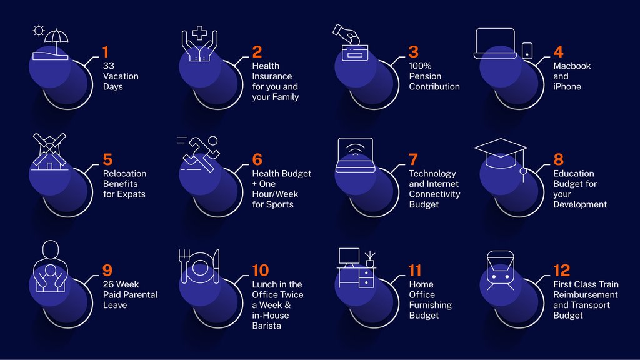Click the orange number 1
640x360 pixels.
pos(106,52)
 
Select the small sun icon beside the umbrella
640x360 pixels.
pos(39,30)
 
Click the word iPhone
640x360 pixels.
pos(567,87)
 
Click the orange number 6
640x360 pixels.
pos(257,160)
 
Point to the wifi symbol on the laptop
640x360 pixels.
pos(354,151)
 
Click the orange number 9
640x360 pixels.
pos(108,270)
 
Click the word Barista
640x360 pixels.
pos(267,326)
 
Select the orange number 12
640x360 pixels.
pos(562,270)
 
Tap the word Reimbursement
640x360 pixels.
pos(585,295)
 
